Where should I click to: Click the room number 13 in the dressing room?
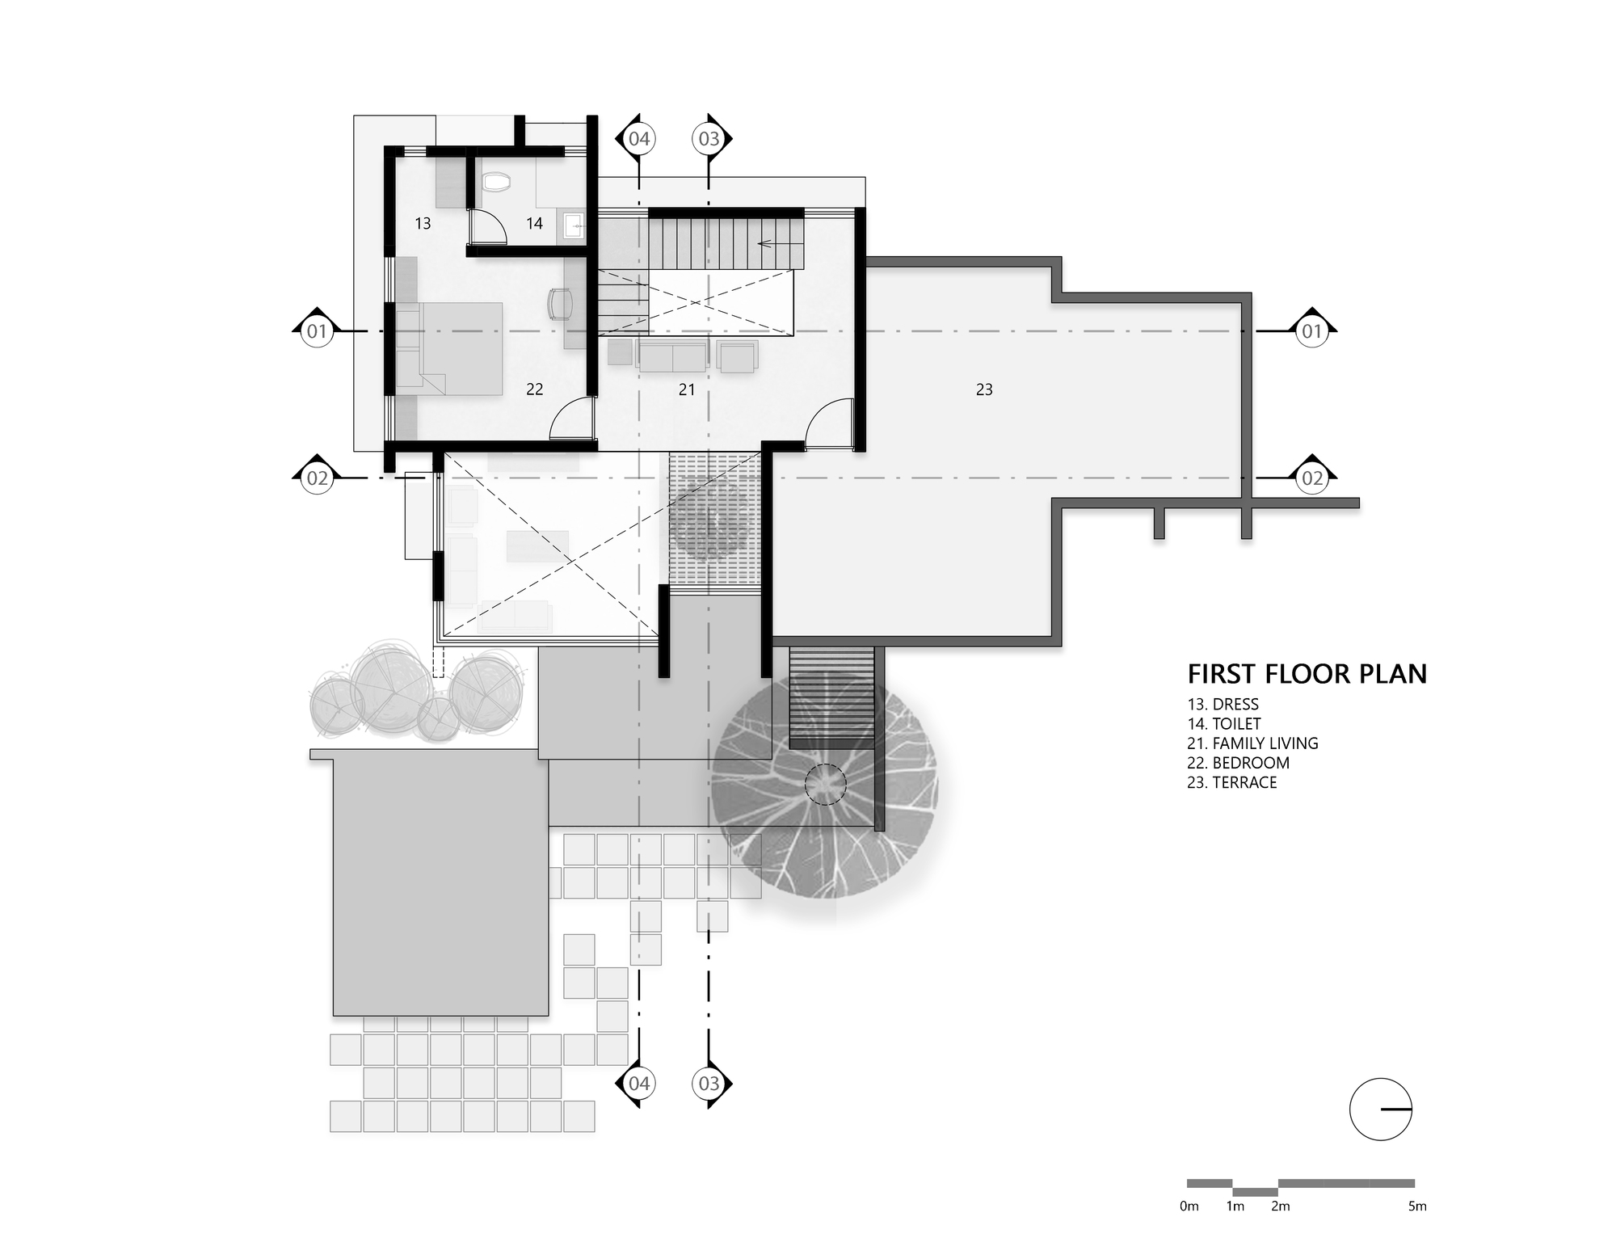pos(423,224)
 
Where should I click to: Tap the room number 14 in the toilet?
pos(534,224)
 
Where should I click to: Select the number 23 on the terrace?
pos(984,390)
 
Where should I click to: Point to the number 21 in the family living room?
pos(687,390)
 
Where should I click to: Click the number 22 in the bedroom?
pos(534,390)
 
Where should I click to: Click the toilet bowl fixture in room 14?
pos(495,183)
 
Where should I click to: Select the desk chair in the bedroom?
pos(560,304)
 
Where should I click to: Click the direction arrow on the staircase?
pos(774,242)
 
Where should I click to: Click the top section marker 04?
pos(638,139)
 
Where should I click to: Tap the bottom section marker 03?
pos(709,1083)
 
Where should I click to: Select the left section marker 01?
pos(317,331)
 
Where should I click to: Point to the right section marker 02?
pos(1312,478)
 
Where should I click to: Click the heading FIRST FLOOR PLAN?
pos(1307,674)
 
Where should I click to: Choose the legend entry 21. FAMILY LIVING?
pos(1252,743)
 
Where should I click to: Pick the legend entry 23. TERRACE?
pos(1231,782)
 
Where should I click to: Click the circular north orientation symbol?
pos(1381,1110)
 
